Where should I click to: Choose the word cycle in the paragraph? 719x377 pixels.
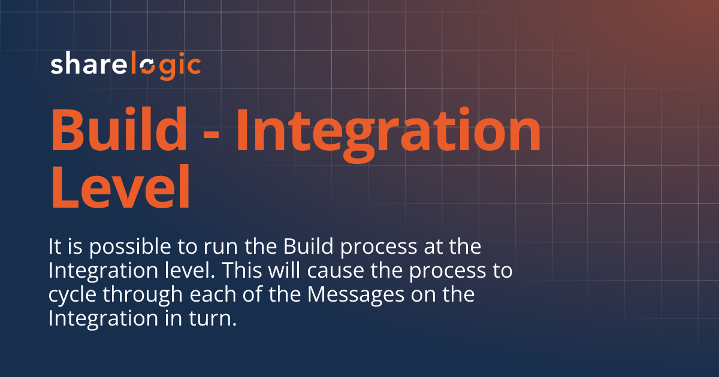[68, 295]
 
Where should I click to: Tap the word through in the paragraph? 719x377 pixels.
[134, 295]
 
